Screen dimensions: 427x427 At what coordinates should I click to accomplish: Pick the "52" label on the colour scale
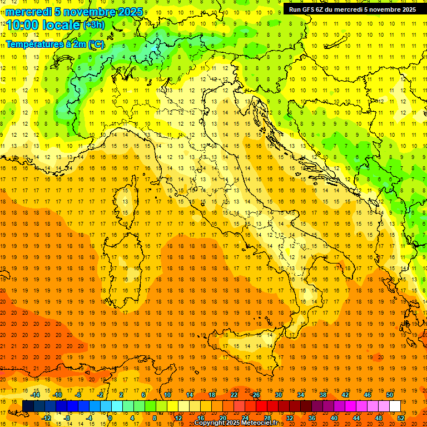pyautogui.click(x=401, y=418)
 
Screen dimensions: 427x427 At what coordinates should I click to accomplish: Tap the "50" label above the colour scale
pyautogui.click(x=390, y=395)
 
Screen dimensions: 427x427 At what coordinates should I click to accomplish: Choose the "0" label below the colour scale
pyautogui.click(x=110, y=418)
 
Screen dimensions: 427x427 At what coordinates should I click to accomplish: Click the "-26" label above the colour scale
pyautogui.click(x=255, y=395)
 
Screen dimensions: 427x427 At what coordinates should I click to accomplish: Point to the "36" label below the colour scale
pyautogui.click(x=311, y=418)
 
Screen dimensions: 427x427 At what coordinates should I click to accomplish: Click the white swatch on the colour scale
pyautogui.click(x=395, y=406)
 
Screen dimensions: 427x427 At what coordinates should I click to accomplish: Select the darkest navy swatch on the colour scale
pyautogui.click(x=28, y=406)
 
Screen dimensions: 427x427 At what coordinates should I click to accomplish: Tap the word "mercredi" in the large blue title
pyautogui.click(x=31, y=12)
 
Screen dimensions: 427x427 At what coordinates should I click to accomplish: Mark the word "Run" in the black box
pyautogui.click(x=295, y=9)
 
